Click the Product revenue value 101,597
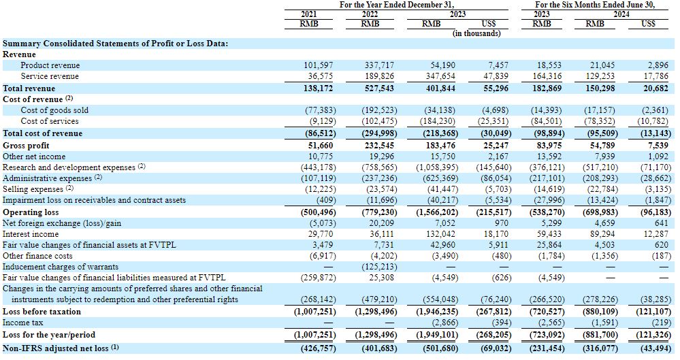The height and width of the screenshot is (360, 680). [x=319, y=65]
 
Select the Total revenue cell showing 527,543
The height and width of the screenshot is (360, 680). [x=379, y=88]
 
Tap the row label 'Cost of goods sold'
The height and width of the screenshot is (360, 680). [x=54, y=110]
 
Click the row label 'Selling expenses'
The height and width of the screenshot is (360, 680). [x=33, y=190]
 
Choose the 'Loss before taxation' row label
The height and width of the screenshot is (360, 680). [x=42, y=312]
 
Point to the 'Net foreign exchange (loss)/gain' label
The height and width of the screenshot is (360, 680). [x=62, y=223]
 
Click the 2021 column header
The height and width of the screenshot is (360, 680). [x=309, y=14]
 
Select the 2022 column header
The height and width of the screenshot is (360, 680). [x=370, y=14]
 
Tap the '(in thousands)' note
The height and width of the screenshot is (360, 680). [x=476, y=33]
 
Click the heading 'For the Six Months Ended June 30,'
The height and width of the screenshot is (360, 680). [x=595, y=5]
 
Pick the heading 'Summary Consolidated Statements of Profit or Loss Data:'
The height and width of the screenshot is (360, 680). [x=115, y=44]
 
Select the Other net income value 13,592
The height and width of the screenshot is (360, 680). [x=550, y=157]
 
